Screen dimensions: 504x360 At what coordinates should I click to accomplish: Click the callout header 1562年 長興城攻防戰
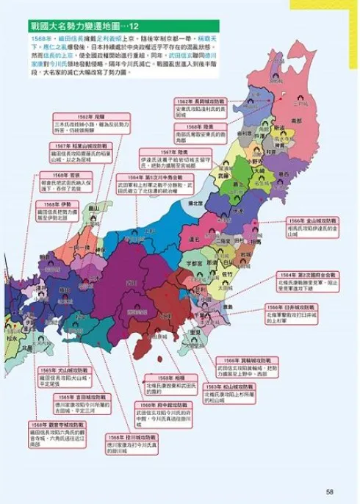205,100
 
